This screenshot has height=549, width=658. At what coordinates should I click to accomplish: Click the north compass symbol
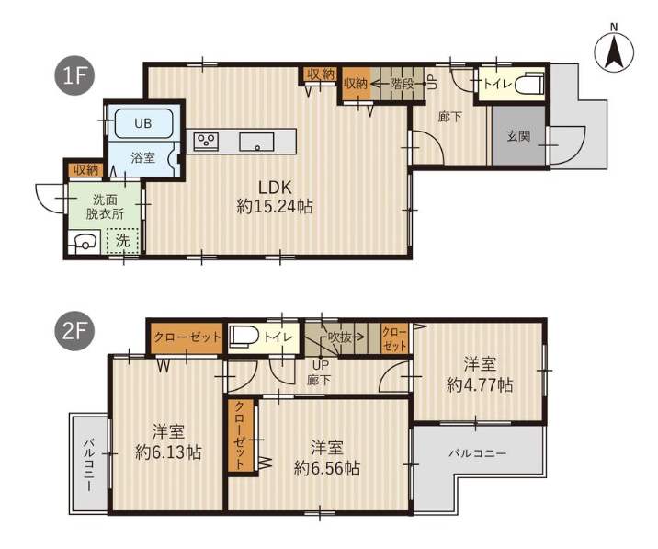[614, 51]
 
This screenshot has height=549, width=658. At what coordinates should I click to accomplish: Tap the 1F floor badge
[74, 76]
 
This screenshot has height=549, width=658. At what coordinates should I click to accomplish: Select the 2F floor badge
[74, 331]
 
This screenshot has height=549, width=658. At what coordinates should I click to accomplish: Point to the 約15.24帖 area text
[275, 206]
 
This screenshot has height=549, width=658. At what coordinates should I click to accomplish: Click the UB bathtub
[143, 123]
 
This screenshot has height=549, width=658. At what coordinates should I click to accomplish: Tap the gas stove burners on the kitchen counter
[206, 141]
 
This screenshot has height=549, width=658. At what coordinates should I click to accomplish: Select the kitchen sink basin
[256, 142]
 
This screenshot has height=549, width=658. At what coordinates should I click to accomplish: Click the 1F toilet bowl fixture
[528, 85]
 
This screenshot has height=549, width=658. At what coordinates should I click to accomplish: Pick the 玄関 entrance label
[518, 136]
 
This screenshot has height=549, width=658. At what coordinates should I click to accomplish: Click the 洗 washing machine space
[122, 241]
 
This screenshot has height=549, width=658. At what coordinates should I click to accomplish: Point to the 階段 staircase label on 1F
[402, 84]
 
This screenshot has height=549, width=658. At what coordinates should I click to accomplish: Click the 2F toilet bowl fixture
[244, 337]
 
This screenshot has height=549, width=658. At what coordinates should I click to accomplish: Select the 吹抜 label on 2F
[339, 337]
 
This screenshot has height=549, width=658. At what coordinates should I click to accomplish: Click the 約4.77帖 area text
[480, 384]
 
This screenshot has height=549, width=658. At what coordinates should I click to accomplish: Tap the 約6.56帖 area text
[327, 467]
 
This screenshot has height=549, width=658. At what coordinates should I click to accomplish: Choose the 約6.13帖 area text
[168, 452]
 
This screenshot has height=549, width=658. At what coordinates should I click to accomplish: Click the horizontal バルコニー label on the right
[478, 453]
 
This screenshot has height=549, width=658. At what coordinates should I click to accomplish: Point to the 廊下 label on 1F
[449, 117]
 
